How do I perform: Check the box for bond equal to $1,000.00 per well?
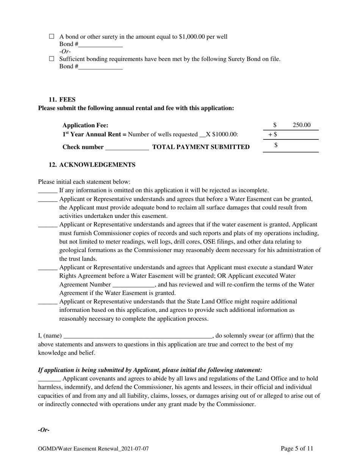point(52,37)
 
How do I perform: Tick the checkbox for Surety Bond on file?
point(52,59)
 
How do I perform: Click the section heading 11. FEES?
point(62,100)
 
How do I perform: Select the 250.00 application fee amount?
point(302,125)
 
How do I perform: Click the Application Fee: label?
point(85,125)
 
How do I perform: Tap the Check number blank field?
point(127,147)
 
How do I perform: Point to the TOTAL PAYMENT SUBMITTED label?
point(201,147)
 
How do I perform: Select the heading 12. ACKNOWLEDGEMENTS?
point(92,165)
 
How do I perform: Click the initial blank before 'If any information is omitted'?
point(48,191)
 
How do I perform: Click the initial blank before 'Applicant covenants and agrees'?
point(49,379)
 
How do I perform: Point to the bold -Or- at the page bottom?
point(44,430)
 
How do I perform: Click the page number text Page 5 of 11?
point(297,449)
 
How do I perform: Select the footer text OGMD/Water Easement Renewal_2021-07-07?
point(93,449)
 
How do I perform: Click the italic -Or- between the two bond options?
point(65,52)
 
